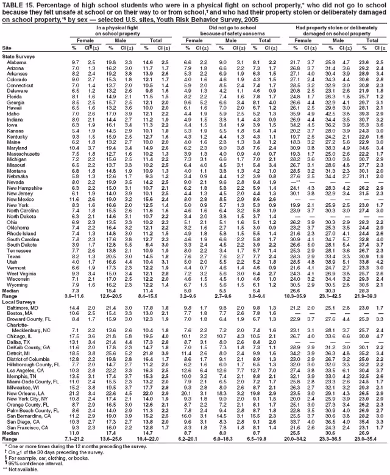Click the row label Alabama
point(16,62)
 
